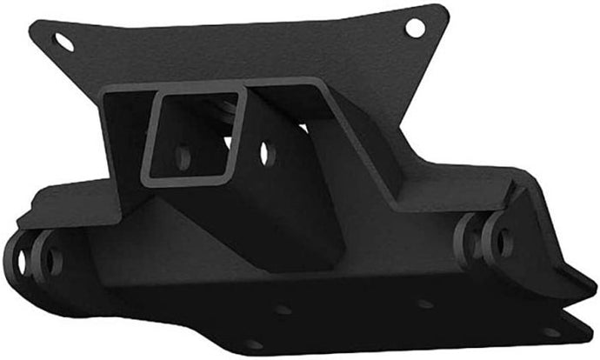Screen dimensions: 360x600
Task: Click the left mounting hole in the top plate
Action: tap(63, 40)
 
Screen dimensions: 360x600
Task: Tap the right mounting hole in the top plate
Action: tap(415, 27)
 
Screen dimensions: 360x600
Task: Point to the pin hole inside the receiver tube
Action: tap(183, 157)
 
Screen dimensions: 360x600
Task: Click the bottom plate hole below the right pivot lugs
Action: tap(425, 304)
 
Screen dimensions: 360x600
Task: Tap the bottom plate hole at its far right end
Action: tap(550, 330)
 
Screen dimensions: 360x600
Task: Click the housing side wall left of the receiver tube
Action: tap(122, 148)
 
